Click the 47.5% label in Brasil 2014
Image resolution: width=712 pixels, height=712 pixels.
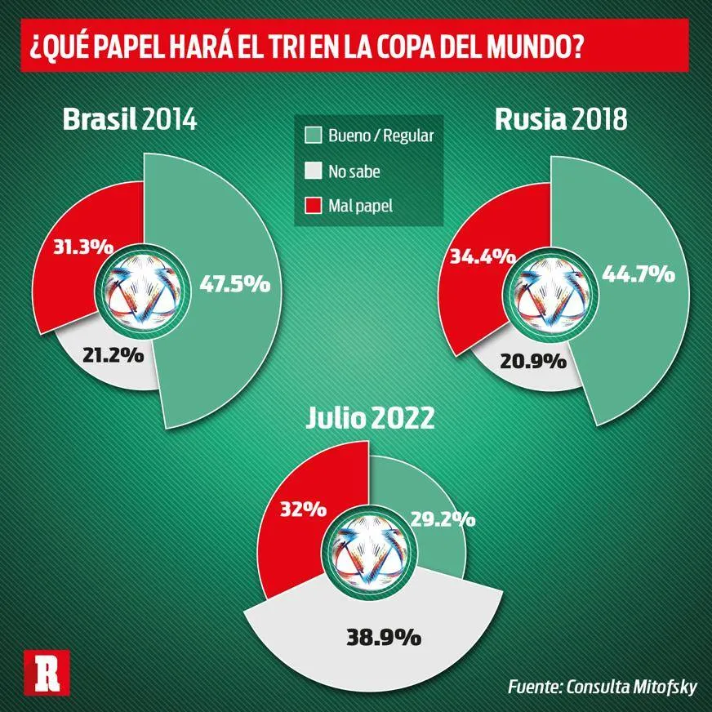pos(234,284)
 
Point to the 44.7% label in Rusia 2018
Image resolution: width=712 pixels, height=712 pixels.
pos(638,274)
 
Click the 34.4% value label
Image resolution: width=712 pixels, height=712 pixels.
pos(483,256)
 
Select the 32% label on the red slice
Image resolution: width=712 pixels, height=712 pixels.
pos(302,509)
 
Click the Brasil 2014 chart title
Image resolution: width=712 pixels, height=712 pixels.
pos(130,120)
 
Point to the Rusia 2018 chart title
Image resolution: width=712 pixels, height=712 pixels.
pos(561,120)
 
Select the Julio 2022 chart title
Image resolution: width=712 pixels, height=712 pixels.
pos(370,419)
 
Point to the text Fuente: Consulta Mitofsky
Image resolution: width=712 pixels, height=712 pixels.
pos(602,687)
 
